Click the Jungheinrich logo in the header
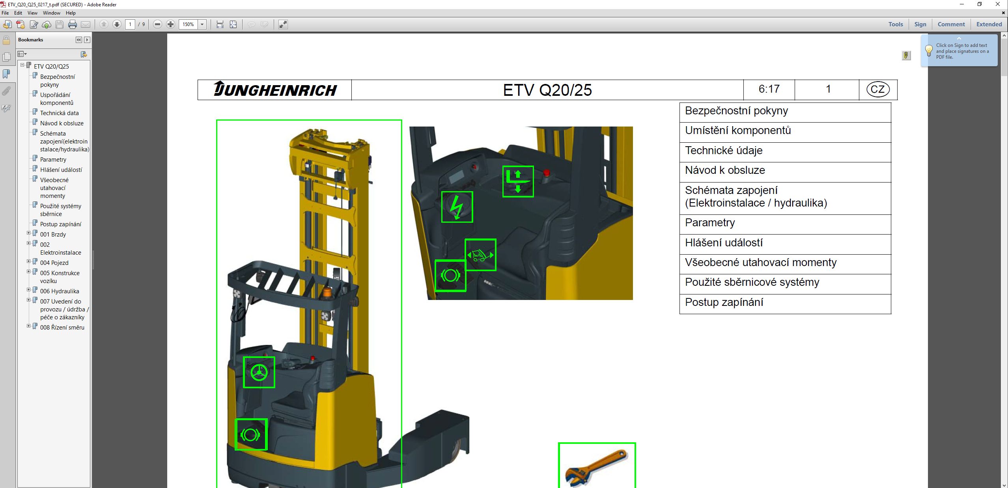[275, 90]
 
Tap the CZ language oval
[877, 89]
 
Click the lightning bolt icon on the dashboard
[457, 207]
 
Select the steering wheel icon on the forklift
[259, 372]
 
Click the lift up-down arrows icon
[518, 181]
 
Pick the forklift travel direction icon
[480, 255]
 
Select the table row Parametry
[785, 223]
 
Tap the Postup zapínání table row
[785, 303]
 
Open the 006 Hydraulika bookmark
[60, 291]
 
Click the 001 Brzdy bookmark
[53, 235]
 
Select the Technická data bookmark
[59, 113]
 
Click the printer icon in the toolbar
[73, 24]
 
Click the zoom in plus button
[170, 24]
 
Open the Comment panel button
[951, 24]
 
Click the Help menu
[71, 13]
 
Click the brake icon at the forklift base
[251, 434]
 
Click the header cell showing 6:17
[769, 89]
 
